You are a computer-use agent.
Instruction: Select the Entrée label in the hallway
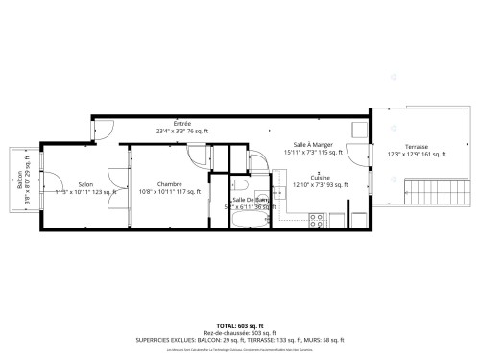[x=181, y=123]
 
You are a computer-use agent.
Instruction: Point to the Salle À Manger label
[x=313, y=143]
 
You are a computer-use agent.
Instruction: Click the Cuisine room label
[x=320, y=178]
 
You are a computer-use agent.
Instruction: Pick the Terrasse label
[x=416, y=147]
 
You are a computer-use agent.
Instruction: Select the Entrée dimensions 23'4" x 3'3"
[x=182, y=131]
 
